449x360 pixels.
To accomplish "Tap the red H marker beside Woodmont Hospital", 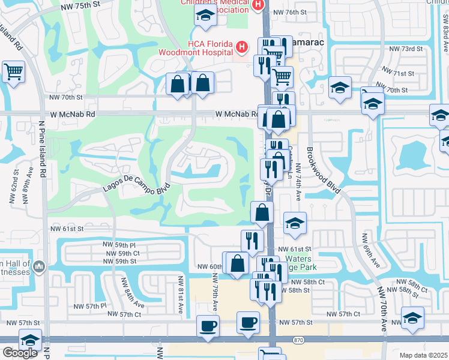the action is click(x=241, y=46).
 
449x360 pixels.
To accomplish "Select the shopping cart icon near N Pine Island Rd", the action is click(x=13, y=72).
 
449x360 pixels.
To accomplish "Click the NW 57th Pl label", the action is click(x=90, y=305).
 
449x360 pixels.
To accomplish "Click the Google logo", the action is click(x=20, y=353).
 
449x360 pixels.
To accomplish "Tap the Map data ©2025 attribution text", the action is click(x=423, y=355).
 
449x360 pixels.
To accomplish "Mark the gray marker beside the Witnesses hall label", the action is click(x=39, y=265).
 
